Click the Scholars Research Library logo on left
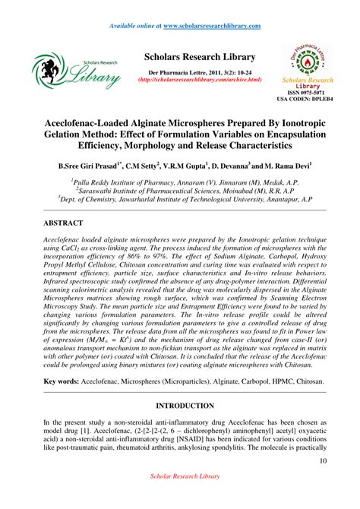click(x=75, y=73)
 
